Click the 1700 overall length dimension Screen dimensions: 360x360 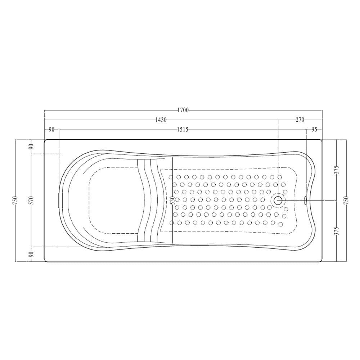183,110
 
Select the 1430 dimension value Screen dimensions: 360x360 161,120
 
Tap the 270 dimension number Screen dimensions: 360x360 300,120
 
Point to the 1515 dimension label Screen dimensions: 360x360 183,130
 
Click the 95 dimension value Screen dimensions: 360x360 314,130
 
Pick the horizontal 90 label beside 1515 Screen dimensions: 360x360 51,130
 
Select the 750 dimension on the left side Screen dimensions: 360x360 15,200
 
